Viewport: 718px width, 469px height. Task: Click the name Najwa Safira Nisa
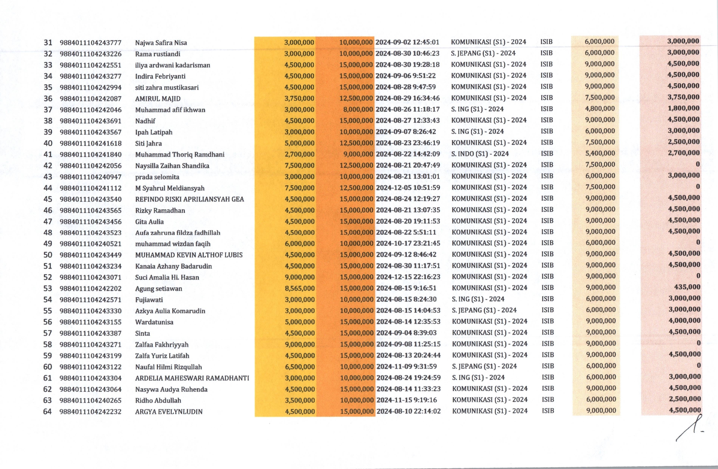(161, 43)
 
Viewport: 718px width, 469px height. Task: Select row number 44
(48, 188)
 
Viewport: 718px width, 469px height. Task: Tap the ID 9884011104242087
(90, 99)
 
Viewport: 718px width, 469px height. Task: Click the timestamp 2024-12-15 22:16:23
(408, 277)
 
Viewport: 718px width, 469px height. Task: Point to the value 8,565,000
(300, 288)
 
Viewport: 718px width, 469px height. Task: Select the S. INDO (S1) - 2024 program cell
(480, 154)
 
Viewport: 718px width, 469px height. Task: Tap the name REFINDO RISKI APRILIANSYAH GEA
(189, 199)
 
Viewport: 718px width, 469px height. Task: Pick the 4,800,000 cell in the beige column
(600, 109)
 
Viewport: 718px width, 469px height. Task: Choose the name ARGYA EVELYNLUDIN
(169, 412)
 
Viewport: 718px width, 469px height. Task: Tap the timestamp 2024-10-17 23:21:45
(408, 243)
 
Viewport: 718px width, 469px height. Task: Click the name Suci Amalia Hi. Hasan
(167, 277)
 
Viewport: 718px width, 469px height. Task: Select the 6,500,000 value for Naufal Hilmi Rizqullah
(300, 367)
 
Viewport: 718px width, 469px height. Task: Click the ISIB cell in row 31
(546, 42)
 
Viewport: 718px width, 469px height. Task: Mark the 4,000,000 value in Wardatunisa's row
(684, 321)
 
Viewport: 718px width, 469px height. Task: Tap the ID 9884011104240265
(90, 400)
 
